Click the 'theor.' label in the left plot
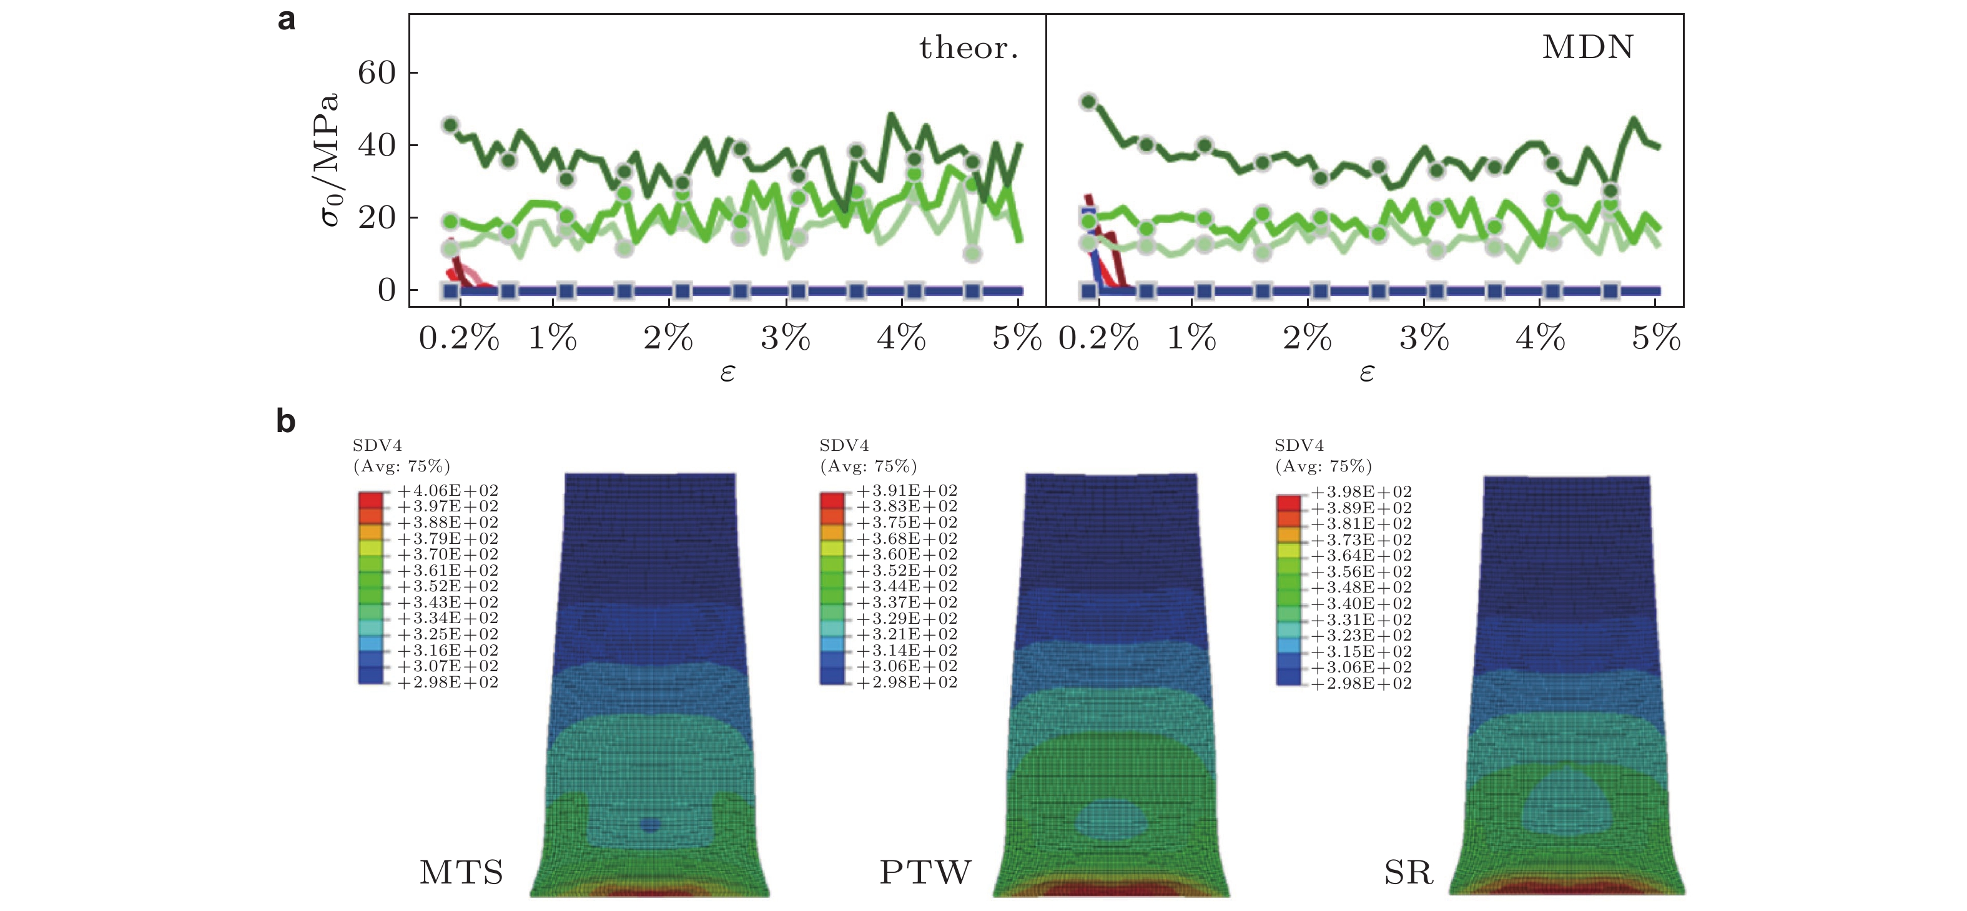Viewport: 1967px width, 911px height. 969,48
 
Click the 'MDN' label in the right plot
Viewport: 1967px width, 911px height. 1587,47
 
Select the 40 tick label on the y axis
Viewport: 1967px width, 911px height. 377,145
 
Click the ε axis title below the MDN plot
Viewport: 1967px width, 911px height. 1367,373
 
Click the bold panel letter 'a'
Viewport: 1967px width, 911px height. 287,20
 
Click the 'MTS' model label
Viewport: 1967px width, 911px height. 461,872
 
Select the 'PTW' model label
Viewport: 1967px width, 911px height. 925,872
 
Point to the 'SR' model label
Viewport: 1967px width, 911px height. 1408,872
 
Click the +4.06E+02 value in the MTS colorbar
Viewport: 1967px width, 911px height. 448,490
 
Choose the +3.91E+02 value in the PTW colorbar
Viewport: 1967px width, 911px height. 906,490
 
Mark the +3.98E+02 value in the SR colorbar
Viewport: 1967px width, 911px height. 1361,492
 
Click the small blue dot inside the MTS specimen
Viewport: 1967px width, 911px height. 650,825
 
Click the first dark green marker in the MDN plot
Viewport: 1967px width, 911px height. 1089,102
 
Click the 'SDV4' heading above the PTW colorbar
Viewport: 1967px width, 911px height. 844,445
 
